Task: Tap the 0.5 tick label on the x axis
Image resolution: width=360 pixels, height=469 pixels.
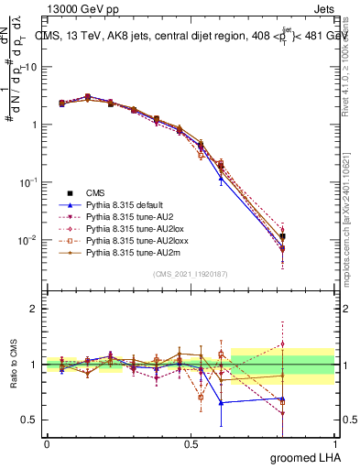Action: (191, 443)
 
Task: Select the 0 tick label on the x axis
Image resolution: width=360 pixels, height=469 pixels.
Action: (47, 443)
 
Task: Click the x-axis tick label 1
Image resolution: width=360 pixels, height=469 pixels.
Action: (334, 443)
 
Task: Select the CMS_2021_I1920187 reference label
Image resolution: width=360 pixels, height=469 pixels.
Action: (191, 274)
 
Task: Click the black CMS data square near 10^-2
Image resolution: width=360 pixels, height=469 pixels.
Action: (283, 236)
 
